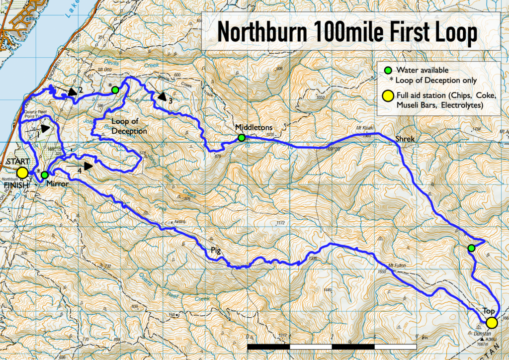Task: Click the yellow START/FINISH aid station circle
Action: (x=22, y=173)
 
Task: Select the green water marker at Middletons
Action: (x=241, y=138)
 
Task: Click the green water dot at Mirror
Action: (x=44, y=175)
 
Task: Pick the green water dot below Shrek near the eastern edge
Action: (x=472, y=248)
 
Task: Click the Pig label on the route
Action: (x=215, y=250)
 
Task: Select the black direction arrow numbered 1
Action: (x=45, y=128)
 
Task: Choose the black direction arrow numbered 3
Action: (x=162, y=96)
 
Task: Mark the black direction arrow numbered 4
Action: (x=87, y=166)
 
